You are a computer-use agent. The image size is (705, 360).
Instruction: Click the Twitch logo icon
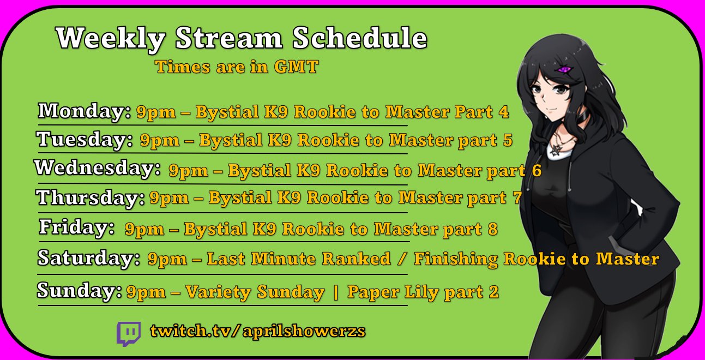129,333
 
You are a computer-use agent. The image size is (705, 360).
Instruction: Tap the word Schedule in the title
360,38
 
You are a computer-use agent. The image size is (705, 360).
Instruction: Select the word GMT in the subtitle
296,67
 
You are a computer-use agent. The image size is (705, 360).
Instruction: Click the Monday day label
84,111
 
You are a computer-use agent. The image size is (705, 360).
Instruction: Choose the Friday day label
76,227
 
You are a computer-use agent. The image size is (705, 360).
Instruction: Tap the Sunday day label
79,290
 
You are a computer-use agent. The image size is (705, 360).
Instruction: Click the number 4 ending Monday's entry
504,112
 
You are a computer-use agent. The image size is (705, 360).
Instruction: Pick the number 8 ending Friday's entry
492,229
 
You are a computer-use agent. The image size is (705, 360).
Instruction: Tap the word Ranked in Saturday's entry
356,259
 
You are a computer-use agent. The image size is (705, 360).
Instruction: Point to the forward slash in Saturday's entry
402,259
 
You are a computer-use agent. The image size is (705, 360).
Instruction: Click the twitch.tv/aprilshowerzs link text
258,331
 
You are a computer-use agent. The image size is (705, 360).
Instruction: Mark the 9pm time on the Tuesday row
160,141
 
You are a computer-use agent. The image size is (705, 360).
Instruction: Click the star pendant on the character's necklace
555,151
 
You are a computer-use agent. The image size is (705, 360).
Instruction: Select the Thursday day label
90,197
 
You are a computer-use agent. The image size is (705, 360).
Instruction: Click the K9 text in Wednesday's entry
309,170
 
